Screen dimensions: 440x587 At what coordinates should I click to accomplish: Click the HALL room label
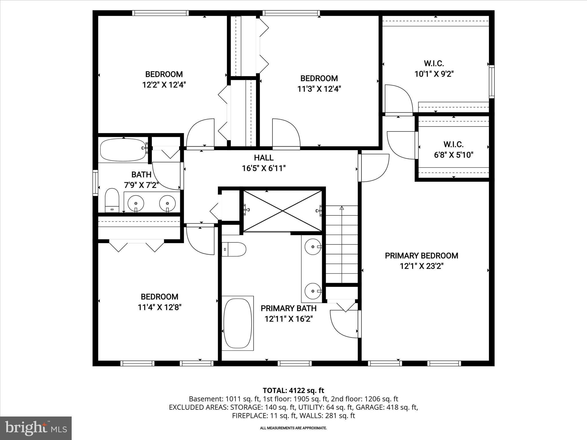(x=263, y=158)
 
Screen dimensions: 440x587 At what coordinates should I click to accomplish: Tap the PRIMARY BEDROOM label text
(x=421, y=256)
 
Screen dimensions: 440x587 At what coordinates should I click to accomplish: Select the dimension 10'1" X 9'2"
(x=434, y=74)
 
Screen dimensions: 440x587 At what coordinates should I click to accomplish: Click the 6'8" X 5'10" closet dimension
(x=453, y=155)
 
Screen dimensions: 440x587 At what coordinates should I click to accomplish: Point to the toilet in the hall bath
(x=112, y=200)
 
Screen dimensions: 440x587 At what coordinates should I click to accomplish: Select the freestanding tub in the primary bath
(x=238, y=323)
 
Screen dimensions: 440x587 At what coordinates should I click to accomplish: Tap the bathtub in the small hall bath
(x=123, y=150)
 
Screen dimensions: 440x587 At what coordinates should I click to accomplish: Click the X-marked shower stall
(x=283, y=211)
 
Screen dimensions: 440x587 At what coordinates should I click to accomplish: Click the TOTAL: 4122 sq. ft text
(x=293, y=390)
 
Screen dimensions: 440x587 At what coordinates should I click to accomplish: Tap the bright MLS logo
(x=36, y=428)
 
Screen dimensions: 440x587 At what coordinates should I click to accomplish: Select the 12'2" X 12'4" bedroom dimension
(x=164, y=85)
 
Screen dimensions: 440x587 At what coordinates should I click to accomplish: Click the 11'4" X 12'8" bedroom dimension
(x=160, y=307)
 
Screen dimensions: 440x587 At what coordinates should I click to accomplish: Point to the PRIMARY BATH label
(x=288, y=309)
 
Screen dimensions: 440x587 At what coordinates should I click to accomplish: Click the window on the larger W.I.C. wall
(x=492, y=81)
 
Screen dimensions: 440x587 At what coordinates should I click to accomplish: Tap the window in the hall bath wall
(x=95, y=183)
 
